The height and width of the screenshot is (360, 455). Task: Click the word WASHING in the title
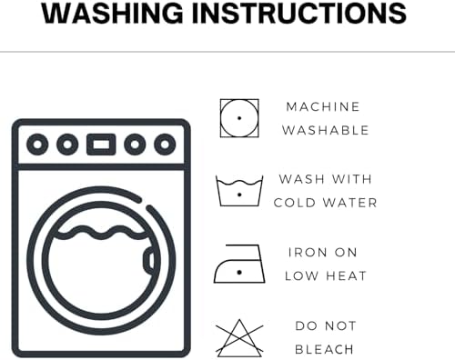112,14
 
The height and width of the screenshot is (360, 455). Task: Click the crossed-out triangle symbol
239,338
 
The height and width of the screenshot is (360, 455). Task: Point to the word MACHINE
323,106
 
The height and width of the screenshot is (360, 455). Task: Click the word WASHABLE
326,130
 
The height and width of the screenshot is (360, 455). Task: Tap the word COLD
295,203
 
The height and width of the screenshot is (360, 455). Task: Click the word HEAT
346,276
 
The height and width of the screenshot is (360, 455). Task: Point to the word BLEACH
324,349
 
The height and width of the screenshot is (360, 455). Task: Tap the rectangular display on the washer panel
101,145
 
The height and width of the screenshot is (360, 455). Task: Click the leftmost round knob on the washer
37,145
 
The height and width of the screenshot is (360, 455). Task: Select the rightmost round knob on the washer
165,145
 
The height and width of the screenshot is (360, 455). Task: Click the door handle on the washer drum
148,260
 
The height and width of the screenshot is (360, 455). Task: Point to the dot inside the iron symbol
239,273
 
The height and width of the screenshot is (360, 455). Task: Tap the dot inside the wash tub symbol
239,195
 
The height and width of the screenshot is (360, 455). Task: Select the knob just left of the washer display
67,145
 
